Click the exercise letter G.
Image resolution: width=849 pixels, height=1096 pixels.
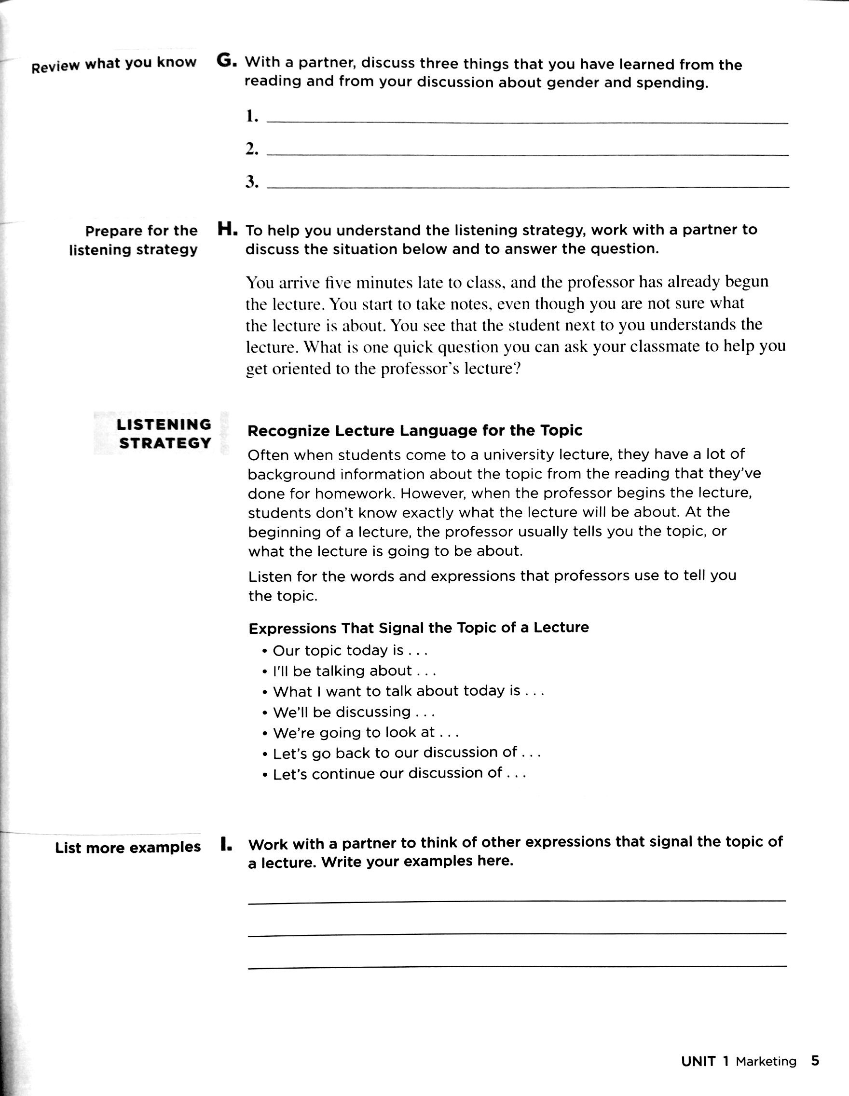point(225,61)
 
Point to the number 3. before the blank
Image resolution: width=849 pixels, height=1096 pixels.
point(252,182)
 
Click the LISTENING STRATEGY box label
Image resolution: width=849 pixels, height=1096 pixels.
point(164,434)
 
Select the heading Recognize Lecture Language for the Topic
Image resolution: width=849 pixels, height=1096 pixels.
point(415,431)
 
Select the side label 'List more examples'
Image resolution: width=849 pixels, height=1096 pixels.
point(127,848)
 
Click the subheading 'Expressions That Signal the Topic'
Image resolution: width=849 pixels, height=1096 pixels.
point(419,628)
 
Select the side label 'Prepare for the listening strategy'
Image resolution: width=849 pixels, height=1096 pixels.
point(134,240)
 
